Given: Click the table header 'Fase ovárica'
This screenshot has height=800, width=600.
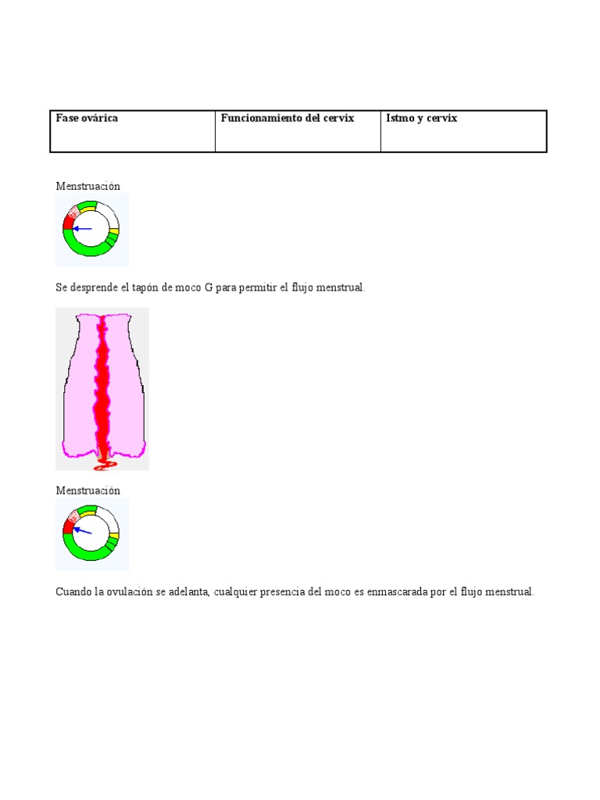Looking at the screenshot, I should (87, 118).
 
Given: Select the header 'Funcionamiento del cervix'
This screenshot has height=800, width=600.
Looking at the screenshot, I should (287, 118).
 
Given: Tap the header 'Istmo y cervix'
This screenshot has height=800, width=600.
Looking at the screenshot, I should (421, 118).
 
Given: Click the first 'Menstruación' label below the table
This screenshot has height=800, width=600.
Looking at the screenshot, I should (87, 186).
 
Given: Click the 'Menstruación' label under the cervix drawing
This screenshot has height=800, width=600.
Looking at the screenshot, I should (87, 490).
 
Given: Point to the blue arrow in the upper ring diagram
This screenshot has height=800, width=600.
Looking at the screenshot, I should (82, 229).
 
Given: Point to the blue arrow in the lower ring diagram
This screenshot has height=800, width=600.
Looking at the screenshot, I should (82, 530).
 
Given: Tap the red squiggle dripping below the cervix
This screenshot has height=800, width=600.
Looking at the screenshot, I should (105, 466).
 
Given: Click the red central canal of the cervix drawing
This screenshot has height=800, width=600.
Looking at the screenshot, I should (102, 383).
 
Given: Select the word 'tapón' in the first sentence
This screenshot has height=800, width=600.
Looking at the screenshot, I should (142, 287).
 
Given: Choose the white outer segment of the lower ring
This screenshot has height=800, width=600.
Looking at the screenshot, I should (109, 518).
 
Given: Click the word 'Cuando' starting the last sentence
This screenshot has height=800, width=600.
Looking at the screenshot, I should (73, 592).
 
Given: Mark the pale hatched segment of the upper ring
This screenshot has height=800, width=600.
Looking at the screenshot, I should (73, 211).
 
